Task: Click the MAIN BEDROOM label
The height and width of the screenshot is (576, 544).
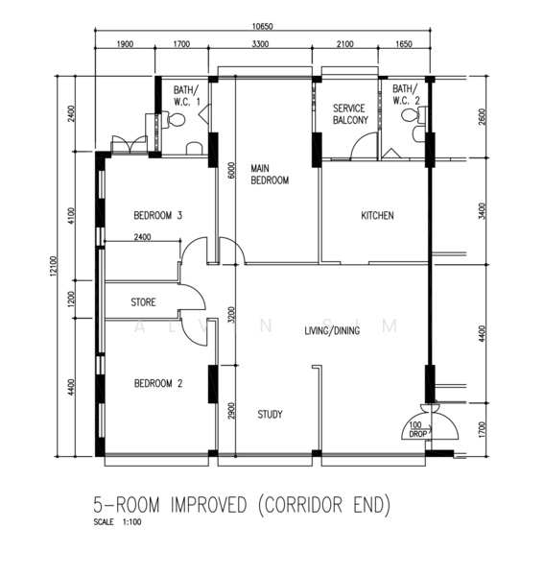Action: click(270, 175)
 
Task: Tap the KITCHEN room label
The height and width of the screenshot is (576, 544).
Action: click(377, 216)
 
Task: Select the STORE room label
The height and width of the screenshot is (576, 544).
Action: click(143, 302)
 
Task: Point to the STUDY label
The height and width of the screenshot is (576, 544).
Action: click(270, 415)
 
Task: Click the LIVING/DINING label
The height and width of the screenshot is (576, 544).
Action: click(332, 331)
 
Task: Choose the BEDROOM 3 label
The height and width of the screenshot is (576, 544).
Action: click(158, 215)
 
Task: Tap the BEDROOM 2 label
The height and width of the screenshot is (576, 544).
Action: click(158, 383)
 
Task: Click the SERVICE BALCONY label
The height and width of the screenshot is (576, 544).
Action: click(350, 114)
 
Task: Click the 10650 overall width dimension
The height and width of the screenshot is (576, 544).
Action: click(263, 27)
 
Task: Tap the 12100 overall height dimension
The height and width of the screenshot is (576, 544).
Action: click(54, 266)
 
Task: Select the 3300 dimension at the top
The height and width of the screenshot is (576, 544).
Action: click(260, 44)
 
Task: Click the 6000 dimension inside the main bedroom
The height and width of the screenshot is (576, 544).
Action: click(231, 171)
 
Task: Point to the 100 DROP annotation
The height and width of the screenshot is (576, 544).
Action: click(417, 429)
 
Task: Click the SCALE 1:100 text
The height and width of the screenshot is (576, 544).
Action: click(117, 522)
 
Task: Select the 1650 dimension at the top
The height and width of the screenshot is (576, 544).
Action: click(404, 44)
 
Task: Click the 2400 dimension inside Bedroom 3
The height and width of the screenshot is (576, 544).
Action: click(142, 237)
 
